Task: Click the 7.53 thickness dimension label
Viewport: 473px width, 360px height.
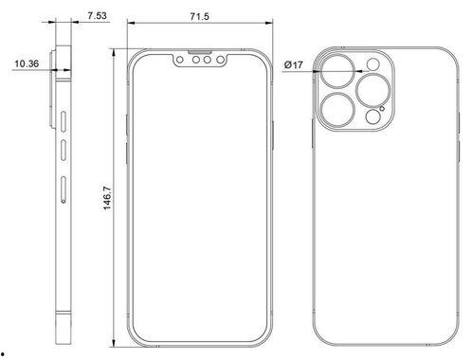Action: [x=97, y=15]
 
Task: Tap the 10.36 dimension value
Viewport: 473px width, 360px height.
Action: [x=27, y=63]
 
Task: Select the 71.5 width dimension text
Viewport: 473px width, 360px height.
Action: [x=199, y=16]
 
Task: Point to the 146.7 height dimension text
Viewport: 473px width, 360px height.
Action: [x=107, y=198]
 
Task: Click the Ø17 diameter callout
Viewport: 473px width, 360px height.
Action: [x=294, y=65]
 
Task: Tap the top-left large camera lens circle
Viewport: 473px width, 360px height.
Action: [x=337, y=71]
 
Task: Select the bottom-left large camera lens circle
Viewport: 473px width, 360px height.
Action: [x=337, y=110]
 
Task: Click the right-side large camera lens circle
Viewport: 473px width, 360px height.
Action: [x=373, y=90]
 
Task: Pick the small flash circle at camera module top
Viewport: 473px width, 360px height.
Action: [x=373, y=64]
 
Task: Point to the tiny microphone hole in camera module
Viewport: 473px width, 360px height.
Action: [x=382, y=109]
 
